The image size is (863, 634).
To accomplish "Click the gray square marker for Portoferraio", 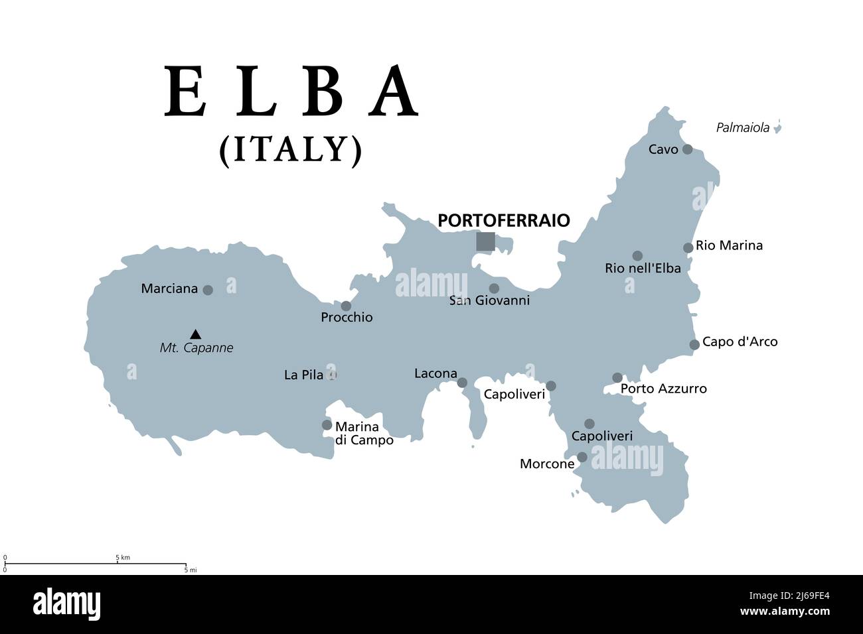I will point(485,241).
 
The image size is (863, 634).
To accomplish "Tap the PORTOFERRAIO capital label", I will point(504,220).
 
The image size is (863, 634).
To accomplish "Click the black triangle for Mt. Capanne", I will point(195,334).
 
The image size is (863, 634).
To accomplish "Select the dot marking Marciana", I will point(208,290).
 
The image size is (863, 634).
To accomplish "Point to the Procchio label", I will point(347,318).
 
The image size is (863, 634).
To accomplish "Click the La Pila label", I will point(303,375).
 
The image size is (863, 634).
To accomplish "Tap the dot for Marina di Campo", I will point(327,425).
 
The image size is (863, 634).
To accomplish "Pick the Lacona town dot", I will point(462,383).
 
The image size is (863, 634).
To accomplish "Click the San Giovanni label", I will point(489,301).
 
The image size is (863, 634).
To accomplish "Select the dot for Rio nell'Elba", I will point(637,255).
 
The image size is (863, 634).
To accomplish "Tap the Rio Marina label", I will point(729,246).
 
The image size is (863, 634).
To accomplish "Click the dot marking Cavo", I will point(687,149).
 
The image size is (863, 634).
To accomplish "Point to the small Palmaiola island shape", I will point(777,127).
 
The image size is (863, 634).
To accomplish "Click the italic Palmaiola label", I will point(742,128).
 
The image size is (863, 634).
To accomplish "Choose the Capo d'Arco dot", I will point(694,344).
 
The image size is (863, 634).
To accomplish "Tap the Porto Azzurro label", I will point(663,389).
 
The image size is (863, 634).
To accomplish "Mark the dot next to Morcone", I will point(582,457).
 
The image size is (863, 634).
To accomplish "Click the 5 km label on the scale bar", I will point(123,558).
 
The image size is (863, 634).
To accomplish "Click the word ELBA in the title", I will point(292,92).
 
